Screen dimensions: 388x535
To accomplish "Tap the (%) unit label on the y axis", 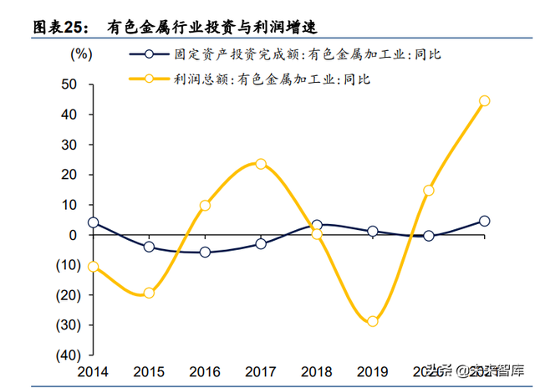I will (x=81, y=55).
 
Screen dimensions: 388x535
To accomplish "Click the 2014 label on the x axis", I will (x=93, y=371).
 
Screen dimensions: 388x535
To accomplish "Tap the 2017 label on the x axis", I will (x=261, y=371).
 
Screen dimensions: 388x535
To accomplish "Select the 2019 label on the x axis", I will (x=373, y=371).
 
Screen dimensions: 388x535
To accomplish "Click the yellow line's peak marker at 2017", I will (x=261, y=164).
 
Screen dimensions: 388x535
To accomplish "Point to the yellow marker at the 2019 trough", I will (x=373, y=321).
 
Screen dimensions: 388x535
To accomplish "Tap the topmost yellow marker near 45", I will (x=484, y=101).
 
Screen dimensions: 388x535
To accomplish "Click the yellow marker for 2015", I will (x=149, y=293).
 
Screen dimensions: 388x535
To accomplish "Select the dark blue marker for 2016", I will (x=205, y=252).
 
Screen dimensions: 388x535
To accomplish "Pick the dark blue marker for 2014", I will (x=93, y=223).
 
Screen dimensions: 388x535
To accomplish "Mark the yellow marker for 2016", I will (x=205, y=206).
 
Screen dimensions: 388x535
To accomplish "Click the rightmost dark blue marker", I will (x=484, y=222).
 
